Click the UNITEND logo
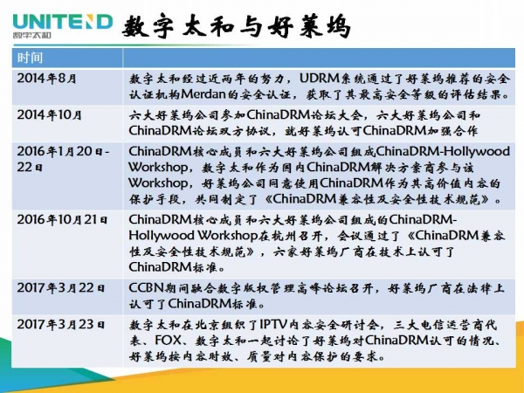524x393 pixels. coord(63,25)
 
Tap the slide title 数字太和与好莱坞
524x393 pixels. coord(237,26)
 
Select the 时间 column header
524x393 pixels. coord(30,58)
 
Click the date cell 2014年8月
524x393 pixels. coord(47,79)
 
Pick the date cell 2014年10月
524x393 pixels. coord(50,115)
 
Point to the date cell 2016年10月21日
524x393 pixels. coord(62,219)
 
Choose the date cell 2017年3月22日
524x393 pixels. coord(61,287)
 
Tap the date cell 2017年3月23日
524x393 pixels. coord(61,324)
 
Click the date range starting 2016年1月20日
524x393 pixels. coord(63,159)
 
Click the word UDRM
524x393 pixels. coord(320,79)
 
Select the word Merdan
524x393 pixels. coord(203,94)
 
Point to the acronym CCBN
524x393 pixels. coord(146,287)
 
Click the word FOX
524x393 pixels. coord(168,341)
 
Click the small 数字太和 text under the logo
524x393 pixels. coord(31,35)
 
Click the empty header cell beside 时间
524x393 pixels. coord(319,58)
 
